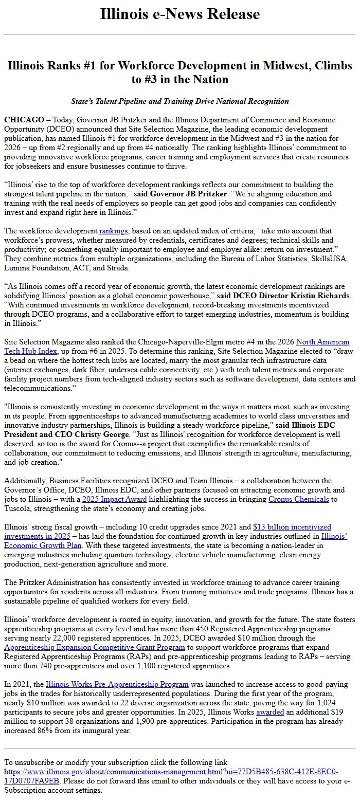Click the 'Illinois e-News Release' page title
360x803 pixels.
[180, 14]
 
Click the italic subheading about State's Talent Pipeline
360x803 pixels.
[180, 101]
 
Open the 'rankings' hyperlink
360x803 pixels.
[114, 231]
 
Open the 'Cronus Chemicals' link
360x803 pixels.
[298, 499]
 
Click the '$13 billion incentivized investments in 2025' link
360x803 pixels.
[292, 527]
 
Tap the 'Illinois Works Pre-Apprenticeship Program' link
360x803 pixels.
[117, 684]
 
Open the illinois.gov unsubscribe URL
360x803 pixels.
[171, 772]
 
